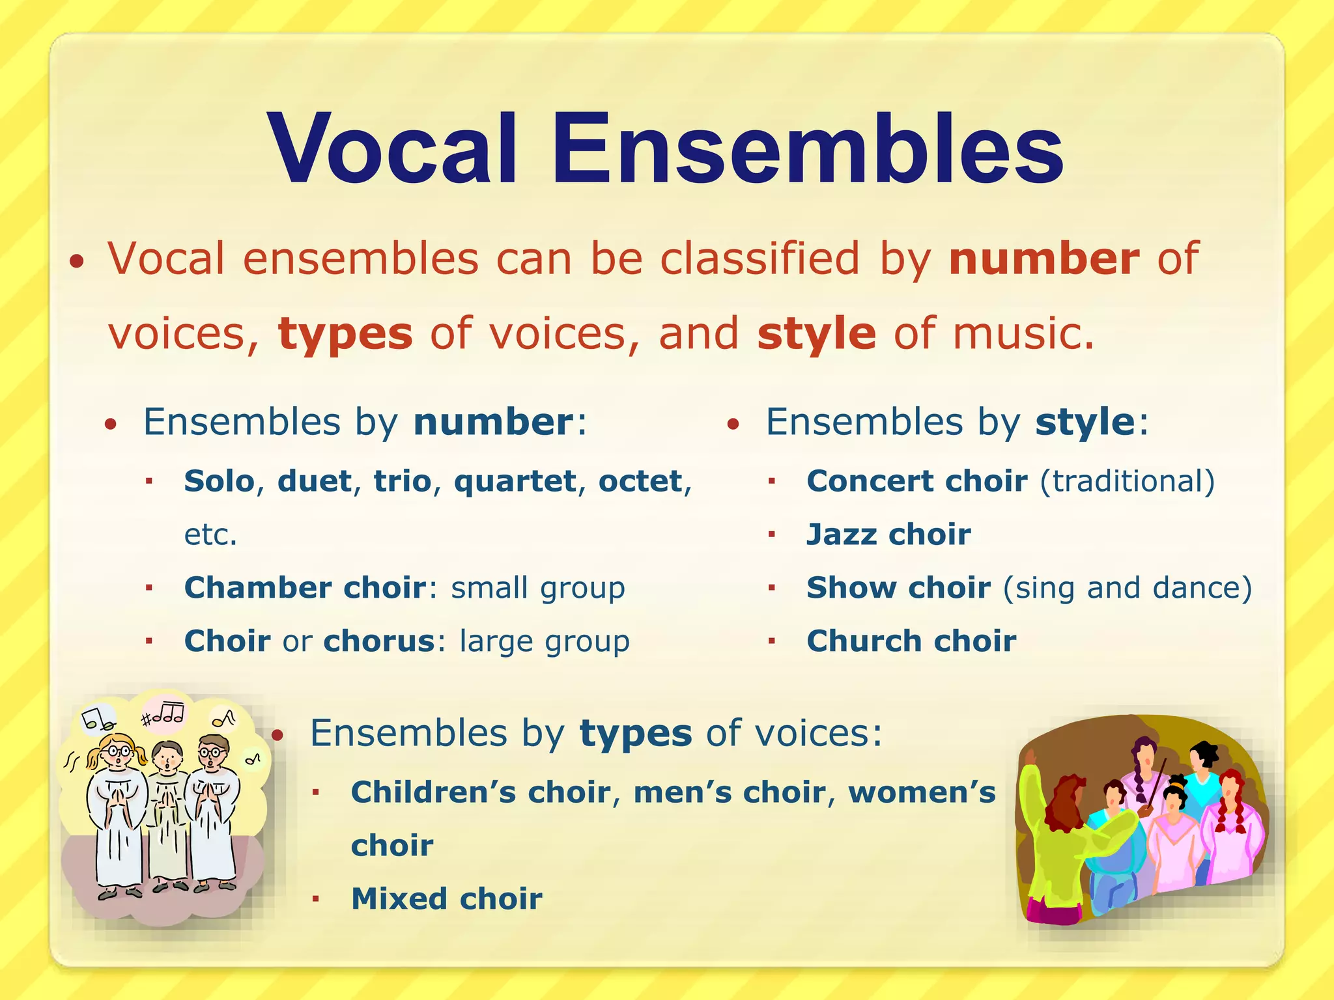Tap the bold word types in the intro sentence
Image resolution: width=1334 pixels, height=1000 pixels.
(345, 334)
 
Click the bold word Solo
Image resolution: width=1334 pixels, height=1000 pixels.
(219, 481)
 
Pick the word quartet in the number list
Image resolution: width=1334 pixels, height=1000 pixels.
(515, 481)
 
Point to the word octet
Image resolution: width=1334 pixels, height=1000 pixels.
(640, 481)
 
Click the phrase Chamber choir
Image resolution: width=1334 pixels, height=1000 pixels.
(304, 588)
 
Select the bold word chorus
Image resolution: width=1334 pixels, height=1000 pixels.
(379, 641)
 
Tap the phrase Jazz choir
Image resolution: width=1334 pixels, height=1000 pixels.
(888, 535)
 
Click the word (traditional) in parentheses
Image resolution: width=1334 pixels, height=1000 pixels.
(1127, 482)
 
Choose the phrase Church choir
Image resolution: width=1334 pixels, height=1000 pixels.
(911, 641)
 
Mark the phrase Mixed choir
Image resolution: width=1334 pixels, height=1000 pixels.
(446, 899)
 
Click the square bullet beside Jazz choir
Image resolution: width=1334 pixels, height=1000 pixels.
(772, 535)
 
